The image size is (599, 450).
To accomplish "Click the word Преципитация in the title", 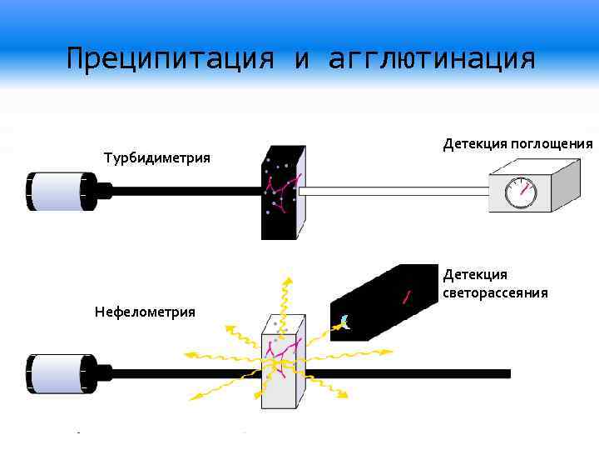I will [170, 60].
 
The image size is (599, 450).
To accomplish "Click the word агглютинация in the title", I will [432, 60].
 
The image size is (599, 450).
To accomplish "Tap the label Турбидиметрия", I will [156, 157].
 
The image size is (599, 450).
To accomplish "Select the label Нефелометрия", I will [145, 312].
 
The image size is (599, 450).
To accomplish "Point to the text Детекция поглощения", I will [517, 143].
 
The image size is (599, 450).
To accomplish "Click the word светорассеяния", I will [495, 292].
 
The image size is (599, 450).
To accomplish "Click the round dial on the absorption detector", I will [521, 192].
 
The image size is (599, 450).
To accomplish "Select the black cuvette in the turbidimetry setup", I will [281, 193].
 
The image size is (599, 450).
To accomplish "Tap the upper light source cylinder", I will [60, 190].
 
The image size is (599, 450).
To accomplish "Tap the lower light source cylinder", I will [60, 372].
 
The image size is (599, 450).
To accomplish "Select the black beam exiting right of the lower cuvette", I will [408, 373].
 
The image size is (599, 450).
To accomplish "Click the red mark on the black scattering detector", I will [407, 297].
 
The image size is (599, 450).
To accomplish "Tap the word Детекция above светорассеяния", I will [474, 274].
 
